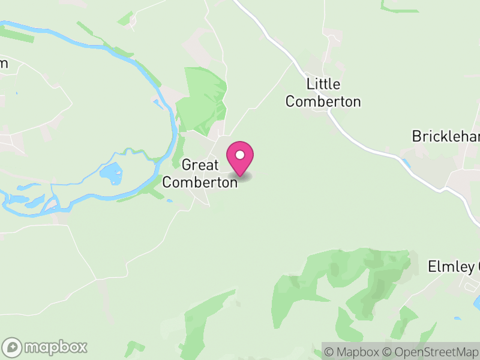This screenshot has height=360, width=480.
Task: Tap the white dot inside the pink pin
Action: coord(240,155)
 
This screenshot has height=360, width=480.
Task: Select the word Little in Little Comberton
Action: coord(323,84)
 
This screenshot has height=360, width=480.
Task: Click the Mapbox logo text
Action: coord(55,347)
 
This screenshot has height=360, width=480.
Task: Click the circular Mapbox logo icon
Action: coord(13,347)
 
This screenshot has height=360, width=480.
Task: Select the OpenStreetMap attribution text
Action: coord(431,350)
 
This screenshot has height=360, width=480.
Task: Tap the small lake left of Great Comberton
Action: coord(111,173)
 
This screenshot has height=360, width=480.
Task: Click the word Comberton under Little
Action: coord(323,102)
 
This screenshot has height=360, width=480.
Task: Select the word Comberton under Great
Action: coord(200,182)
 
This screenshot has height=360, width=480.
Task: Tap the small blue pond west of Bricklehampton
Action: coord(405,163)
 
